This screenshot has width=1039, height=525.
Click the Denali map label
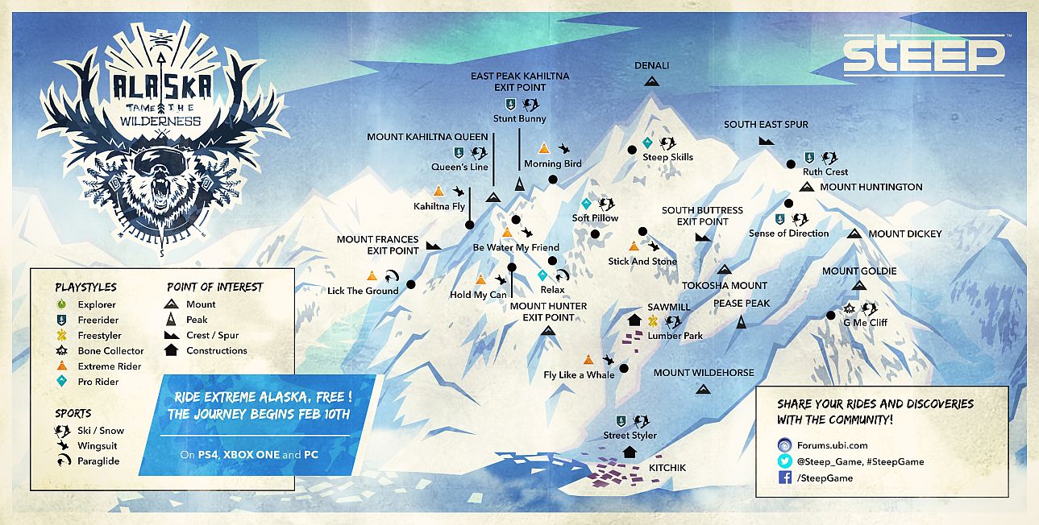[x=651, y=65]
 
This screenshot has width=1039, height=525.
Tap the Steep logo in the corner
[x=923, y=56]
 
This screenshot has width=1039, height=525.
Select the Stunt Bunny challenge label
[x=520, y=118]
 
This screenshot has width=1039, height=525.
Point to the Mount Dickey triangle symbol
[x=854, y=234]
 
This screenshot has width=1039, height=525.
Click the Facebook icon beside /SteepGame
[x=784, y=478]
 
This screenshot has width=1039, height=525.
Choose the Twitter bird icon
[x=784, y=461]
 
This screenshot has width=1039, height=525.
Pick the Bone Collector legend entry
[x=110, y=351]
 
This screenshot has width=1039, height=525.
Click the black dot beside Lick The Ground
[x=410, y=284]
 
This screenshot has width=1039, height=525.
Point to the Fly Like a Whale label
[x=579, y=374]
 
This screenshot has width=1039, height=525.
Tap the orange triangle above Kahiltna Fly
[x=438, y=191]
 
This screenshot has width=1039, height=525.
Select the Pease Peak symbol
[x=742, y=322]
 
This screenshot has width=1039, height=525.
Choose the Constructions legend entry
[x=216, y=351]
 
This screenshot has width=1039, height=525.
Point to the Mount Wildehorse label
[x=703, y=373]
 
